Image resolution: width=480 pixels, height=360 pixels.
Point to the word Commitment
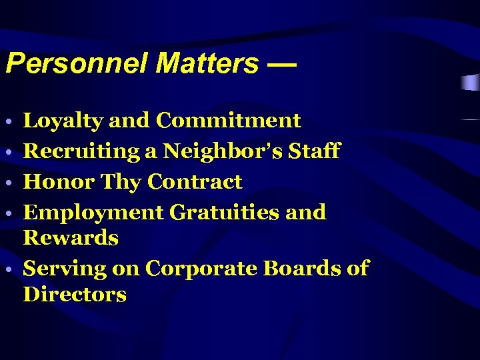pyautogui.click(x=228, y=121)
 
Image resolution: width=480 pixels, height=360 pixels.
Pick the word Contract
pyautogui.click(x=195, y=181)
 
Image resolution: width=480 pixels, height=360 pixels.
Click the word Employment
pyautogui.click(x=93, y=213)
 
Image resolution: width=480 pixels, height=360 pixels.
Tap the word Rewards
pyautogui.click(x=71, y=238)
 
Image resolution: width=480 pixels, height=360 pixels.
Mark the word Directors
pyautogui.click(x=75, y=295)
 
